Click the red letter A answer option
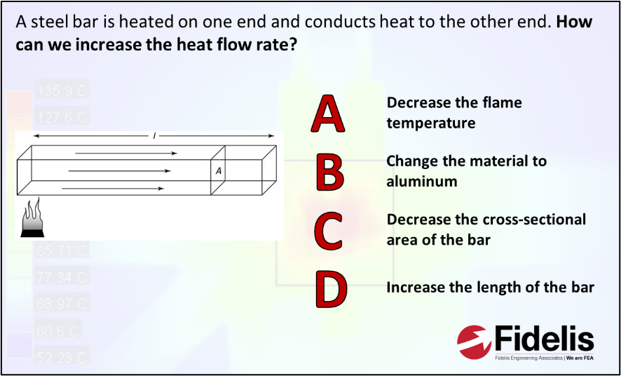[328, 114]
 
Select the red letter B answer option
[328, 172]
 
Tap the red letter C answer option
[328, 229]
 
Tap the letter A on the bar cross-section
[218, 170]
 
